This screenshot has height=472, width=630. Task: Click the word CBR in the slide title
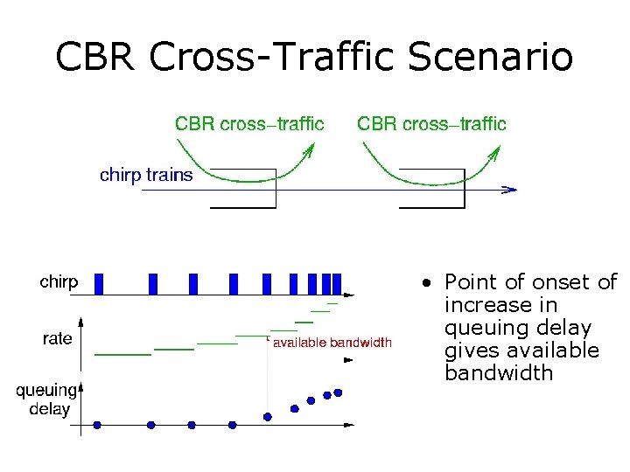click(x=97, y=58)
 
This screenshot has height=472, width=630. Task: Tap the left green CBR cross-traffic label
click(x=249, y=123)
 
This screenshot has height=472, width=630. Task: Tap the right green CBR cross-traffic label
click(x=431, y=123)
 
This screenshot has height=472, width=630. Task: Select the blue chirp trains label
click(x=146, y=176)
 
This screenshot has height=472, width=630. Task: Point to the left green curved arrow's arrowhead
click(x=309, y=152)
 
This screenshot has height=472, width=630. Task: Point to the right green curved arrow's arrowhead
click(x=494, y=152)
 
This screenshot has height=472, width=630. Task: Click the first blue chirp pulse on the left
click(x=99, y=283)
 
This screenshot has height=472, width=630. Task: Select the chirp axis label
click(x=59, y=282)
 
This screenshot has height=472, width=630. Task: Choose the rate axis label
click(x=58, y=338)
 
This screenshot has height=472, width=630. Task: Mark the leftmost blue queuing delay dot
click(x=97, y=425)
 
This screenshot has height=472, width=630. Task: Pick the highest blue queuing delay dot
click(x=338, y=392)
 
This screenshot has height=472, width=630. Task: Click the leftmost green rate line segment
click(x=122, y=354)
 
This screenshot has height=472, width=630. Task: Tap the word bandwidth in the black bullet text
click(x=499, y=373)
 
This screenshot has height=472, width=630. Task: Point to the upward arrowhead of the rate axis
click(x=80, y=320)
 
